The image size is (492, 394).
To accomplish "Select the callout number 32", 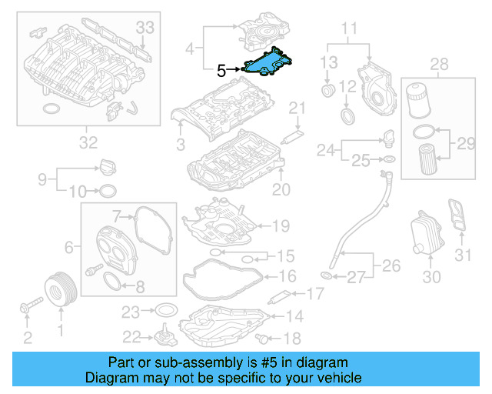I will click(x=88, y=142).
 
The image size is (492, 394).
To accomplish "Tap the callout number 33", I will click(x=145, y=28).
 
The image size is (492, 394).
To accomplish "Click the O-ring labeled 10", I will click(x=108, y=190).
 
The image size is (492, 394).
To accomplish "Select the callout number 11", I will click(x=350, y=30).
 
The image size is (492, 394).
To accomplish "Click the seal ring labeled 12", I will click(x=348, y=116).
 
